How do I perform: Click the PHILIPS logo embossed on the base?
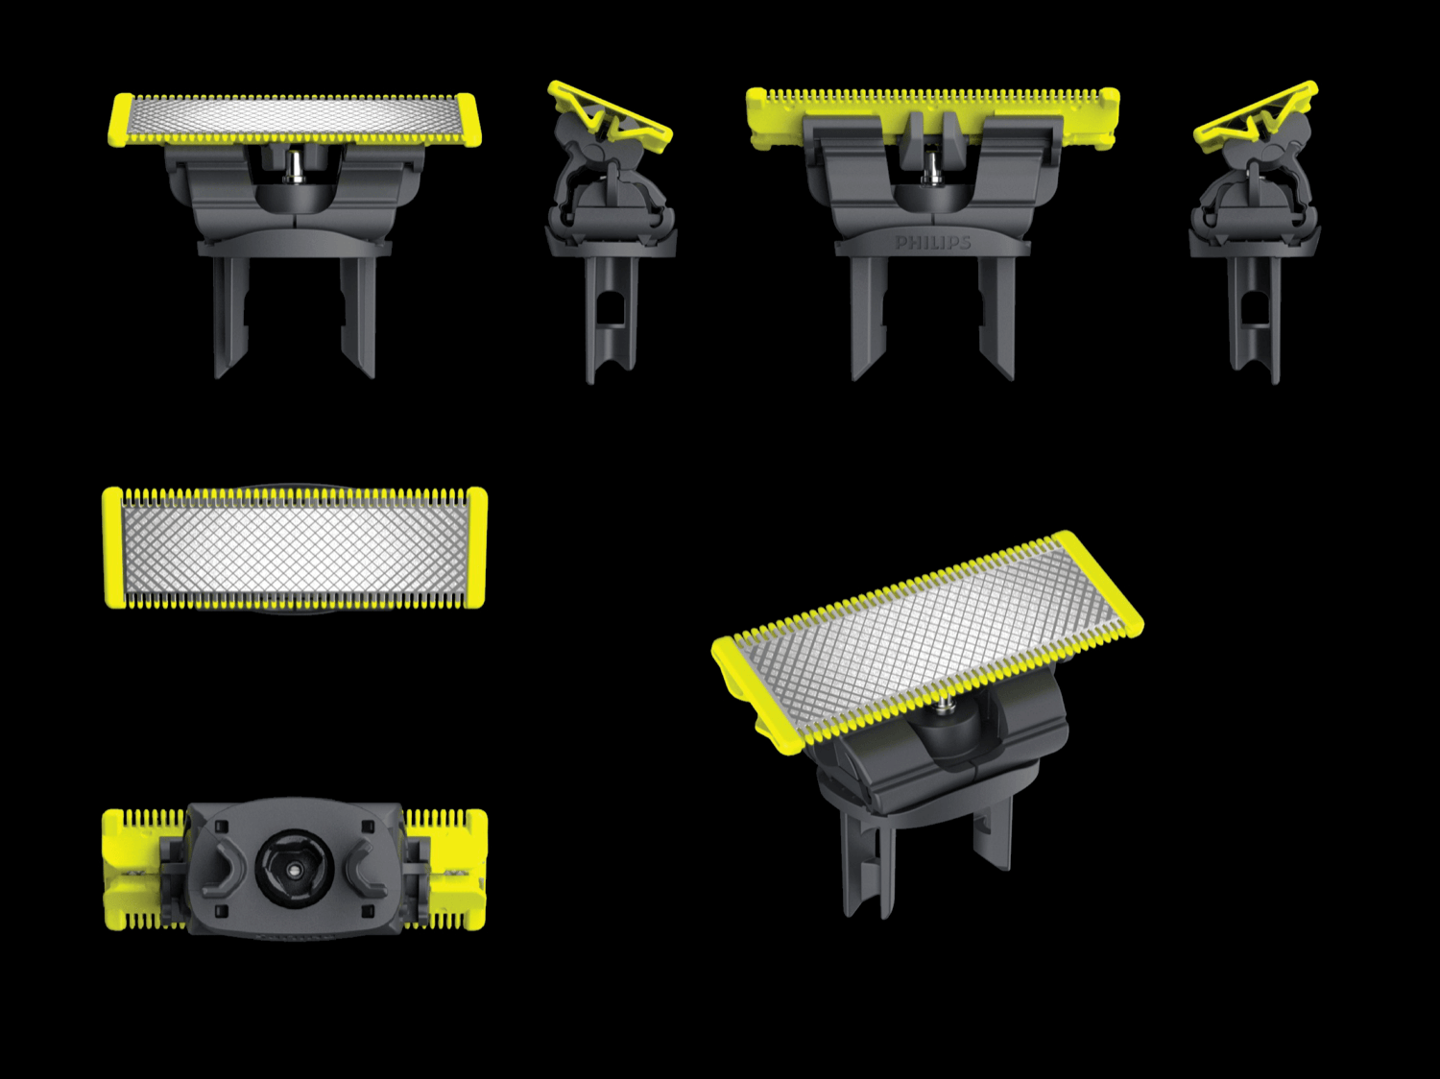pos(932,243)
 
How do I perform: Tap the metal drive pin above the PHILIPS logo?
pos(930,168)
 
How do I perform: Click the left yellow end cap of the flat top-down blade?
pos(112,548)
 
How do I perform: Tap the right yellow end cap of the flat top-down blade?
pos(476,548)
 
